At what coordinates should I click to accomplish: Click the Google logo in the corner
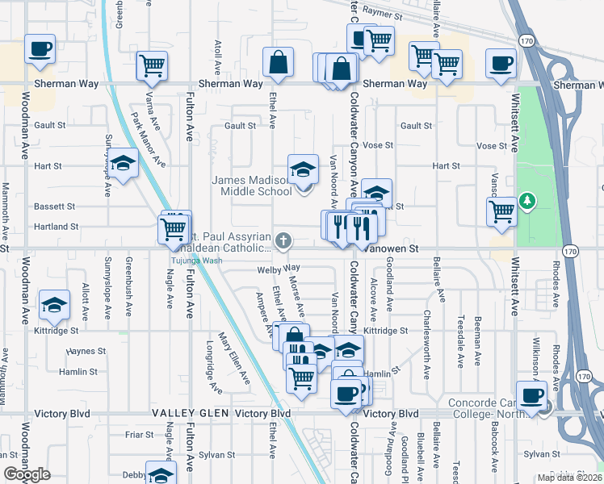pyautogui.click(x=27, y=474)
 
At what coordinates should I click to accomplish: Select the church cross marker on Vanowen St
pyautogui.click(x=283, y=240)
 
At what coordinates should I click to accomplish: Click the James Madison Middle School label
pyautogui.click(x=252, y=186)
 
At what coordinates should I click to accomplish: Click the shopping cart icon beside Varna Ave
pyautogui.click(x=151, y=66)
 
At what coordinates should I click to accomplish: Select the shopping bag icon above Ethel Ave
pyautogui.click(x=278, y=63)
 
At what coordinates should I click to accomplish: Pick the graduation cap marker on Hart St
pyautogui.click(x=123, y=165)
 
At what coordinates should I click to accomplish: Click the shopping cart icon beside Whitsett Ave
pyautogui.click(x=501, y=211)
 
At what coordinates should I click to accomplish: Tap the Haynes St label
pyautogui.click(x=86, y=352)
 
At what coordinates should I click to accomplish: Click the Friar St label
pyautogui.click(x=139, y=434)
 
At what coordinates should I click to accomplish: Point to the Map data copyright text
pyautogui.click(x=568, y=478)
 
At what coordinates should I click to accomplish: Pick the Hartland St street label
pyautogui.click(x=56, y=227)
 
